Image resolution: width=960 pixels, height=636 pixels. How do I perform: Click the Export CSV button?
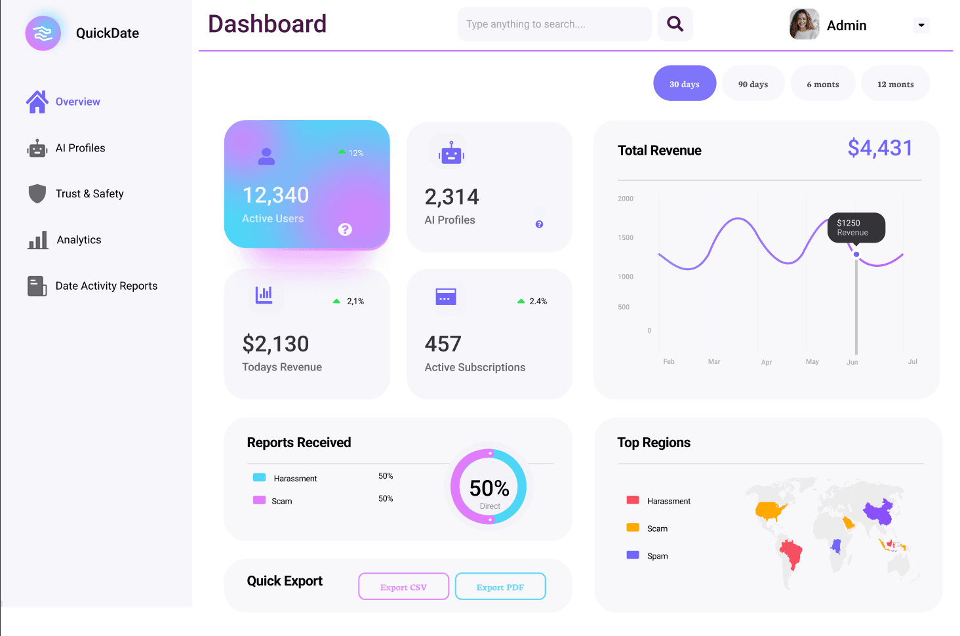tap(403, 587)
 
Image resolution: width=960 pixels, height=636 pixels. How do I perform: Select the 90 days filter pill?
tap(753, 84)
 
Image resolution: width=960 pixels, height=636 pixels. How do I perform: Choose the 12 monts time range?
tap(895, 84)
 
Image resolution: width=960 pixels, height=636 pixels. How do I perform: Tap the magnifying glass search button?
tap(675, 24)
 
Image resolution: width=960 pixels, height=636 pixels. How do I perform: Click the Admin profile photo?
tap(804, 25)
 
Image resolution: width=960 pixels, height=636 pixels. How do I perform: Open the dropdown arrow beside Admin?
tap(921, 26)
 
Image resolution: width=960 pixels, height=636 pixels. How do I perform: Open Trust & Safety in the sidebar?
tap(89, 194)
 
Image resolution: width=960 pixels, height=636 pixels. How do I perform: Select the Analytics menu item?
tap(79, 240)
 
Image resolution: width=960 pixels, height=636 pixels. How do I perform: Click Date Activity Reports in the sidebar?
tap(106, 286)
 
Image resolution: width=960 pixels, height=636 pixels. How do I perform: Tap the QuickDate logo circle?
tap(43, 33)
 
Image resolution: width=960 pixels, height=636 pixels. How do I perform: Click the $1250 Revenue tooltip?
tap(856, 228)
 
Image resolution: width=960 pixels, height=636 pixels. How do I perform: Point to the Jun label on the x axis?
tap(852, 362)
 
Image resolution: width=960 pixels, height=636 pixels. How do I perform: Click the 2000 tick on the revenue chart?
tap(626, 199)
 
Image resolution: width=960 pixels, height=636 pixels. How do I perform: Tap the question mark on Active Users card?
tap(345, 229)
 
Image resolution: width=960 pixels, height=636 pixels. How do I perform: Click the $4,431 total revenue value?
tap(879, 148)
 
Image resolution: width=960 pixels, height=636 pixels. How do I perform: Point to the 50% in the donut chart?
tap(489, 488)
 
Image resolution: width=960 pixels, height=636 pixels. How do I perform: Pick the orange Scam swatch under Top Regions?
tap(633, 528)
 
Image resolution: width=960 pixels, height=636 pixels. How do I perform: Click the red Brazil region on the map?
tap(791, 554)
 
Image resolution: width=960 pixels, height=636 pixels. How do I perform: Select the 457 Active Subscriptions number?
tap(443, 344)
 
